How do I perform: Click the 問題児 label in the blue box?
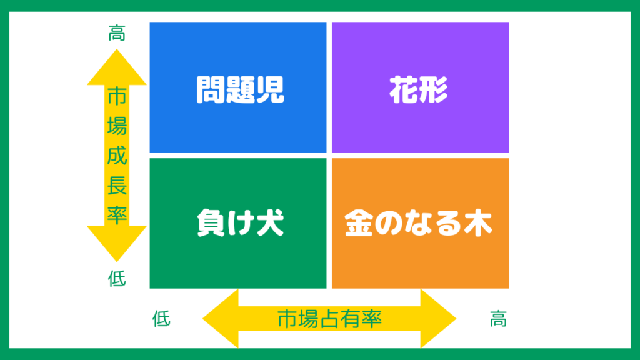tap(240, 89)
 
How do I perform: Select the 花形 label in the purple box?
tap(419, 89)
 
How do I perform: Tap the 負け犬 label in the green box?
tap(240, 223)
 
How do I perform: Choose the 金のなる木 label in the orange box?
tap(419, 223)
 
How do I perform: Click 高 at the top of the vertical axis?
tap(117, 33)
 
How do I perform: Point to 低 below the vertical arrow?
tap(117, 279)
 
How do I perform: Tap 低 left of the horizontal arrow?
tap(161, 318)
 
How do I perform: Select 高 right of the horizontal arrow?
tap(498, 319)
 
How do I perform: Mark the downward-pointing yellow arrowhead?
tap(117, 244)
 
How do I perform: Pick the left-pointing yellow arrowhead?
tap(221, 318)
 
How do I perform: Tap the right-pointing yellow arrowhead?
tap(438, 318)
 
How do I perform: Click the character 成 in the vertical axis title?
tap(117, 155)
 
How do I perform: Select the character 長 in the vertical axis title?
tap(117, 185)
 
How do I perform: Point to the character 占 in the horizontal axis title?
tap(329, 319)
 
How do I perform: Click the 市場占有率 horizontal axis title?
tap(329, 319)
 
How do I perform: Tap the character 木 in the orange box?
tap(478, 223)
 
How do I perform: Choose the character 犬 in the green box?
tap(270, 223)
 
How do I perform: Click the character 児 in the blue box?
tap(270, 89)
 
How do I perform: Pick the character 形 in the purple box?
tap(434, 89)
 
